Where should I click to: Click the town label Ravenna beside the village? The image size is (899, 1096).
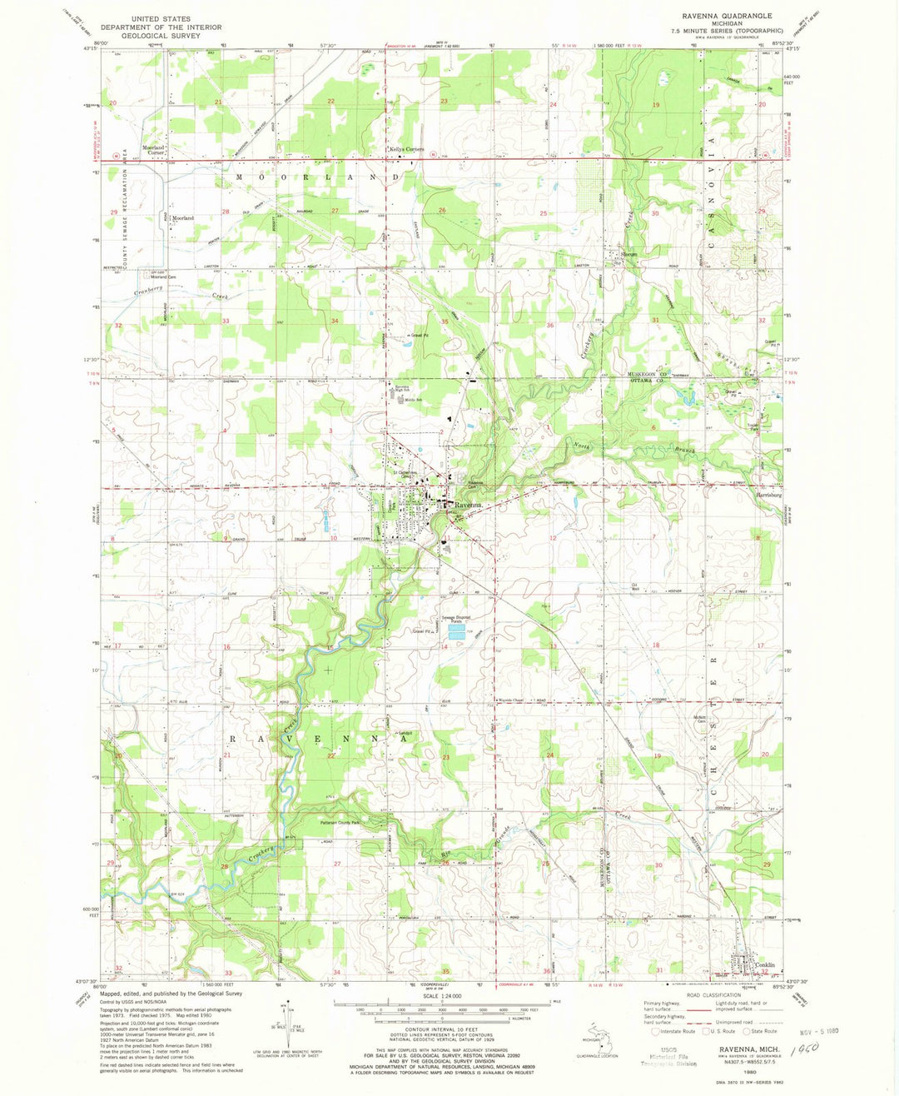[467, 505]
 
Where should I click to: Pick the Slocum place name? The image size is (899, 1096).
[628, 255]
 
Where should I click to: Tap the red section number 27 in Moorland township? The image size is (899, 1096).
[334, 212]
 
